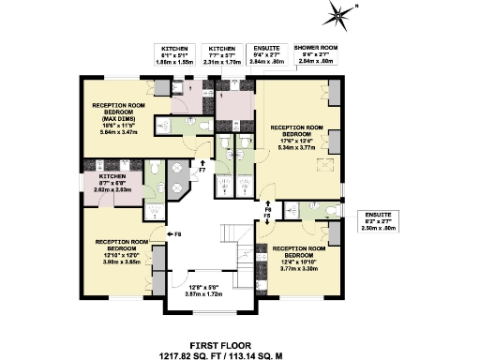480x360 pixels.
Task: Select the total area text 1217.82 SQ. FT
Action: click(x=187, y=355)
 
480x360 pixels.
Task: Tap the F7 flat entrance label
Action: click(x=202, y=170)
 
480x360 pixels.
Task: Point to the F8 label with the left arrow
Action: click(x=175, y=232)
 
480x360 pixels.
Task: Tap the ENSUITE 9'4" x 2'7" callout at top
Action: click(x=268, y=54)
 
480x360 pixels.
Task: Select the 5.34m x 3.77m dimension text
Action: click(x=295, y=146)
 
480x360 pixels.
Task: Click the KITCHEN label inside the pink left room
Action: click(x=98, y=177)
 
